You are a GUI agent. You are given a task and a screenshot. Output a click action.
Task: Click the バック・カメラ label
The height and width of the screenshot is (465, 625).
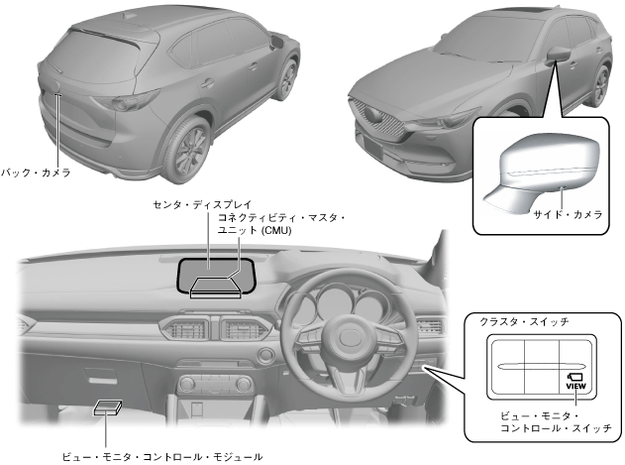coord(36,172)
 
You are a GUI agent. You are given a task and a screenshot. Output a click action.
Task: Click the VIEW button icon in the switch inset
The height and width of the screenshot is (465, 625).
coord(574,381)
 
